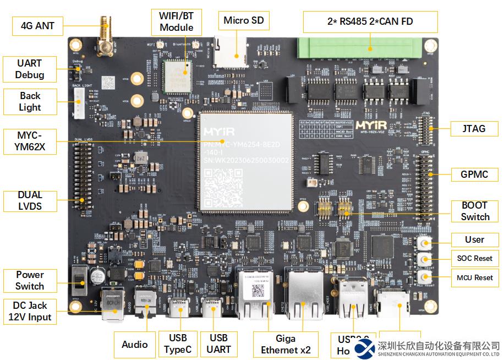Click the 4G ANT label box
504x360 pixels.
37,25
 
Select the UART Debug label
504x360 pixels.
30,69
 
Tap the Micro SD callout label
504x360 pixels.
243,21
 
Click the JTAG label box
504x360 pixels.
474,128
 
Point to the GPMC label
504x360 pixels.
475,175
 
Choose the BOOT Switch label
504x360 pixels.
475,211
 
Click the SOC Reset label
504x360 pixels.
475,258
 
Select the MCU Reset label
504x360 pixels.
475,277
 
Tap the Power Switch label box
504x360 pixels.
30,280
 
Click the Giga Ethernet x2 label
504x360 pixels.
286,344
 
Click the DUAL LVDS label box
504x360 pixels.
30,200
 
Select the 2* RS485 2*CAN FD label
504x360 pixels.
370,22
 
